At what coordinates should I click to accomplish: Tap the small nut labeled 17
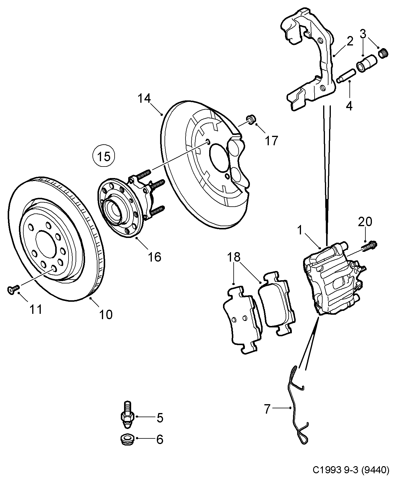[x=251, y=120]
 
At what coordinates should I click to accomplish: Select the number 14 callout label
[x=144, y=99]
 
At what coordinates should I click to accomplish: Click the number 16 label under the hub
[x=154, y=257]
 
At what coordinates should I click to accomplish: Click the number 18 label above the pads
[x=234, y=257]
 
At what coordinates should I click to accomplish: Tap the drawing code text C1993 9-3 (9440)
[x=351, y=470]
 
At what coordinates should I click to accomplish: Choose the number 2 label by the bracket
[x=350, y=41]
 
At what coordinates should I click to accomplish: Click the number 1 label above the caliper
[x=300, y=230]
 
